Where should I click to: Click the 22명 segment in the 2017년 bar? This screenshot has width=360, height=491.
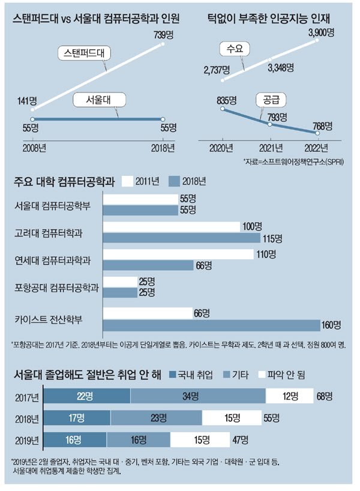click(x=88, y=396)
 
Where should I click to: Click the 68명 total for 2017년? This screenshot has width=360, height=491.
click(x=325, y=396)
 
